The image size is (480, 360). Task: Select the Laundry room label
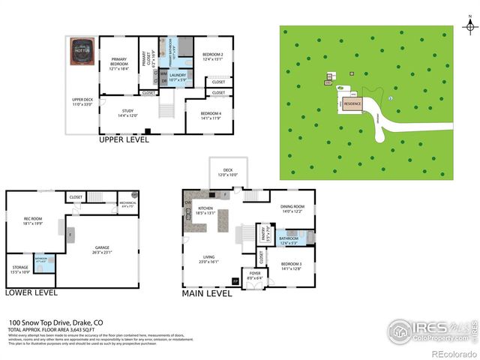click(x=178, y=76)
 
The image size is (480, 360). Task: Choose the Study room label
click(x=127, y=113)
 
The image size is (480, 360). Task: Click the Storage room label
click(x=20, y=268)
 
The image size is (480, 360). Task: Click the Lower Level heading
click(x=31, y=292)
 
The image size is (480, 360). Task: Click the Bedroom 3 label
click(x=292, y=266)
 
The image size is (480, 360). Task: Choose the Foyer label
click(x=256, y=275)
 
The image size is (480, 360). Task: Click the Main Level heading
click(x=207, y=294)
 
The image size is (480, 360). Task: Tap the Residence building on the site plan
click(x=352, y=103)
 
